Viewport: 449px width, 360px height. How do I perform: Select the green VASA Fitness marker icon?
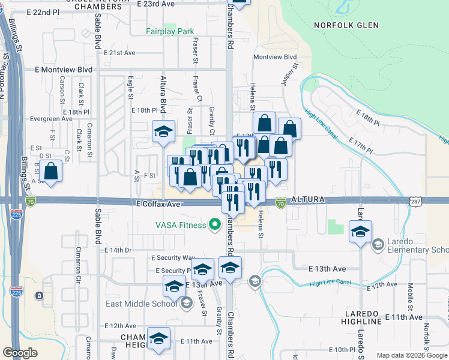[x=214, y=226]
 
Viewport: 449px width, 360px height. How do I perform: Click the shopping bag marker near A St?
[x=52, y=172]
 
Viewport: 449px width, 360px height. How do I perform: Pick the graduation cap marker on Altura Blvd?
[x=163, y=133]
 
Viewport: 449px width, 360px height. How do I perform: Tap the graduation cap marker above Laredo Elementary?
[x=360, y=233]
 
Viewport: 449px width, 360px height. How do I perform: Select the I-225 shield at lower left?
[x=16, y=293]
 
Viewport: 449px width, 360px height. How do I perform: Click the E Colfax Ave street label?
[x=158, y=204]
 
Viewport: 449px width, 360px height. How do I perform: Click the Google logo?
[x=20, y=353]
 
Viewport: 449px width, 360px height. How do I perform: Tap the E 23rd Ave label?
[x=155, y=4]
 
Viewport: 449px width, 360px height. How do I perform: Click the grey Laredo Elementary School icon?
[x=378, y=244]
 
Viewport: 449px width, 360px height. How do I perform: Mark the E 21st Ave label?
[x=119, y=53]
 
